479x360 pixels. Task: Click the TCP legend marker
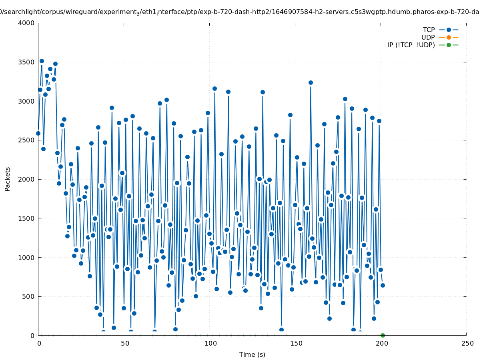click(449, 30)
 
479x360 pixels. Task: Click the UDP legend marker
click(449, 37)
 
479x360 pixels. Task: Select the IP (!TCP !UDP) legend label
click(411, 45)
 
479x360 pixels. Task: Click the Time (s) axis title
click(252, 354)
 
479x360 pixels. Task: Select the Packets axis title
click(8, 179)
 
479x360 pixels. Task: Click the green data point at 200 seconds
click(383, 335)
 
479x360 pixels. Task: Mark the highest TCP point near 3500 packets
click(42, 61)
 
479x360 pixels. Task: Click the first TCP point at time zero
click(38, 133)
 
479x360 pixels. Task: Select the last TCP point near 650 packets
click(383, 285)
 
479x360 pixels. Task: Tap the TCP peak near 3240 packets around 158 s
click(311, 82)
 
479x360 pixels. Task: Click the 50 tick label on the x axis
click(124, 343)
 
